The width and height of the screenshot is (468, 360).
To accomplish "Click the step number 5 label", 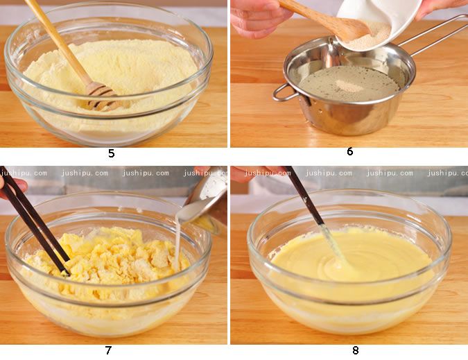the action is pos(112,153).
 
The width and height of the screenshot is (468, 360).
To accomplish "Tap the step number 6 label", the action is pos(350,152).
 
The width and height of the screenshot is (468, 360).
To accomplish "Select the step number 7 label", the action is pos(108,350).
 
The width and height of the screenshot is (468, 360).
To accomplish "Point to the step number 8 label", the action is pos(355,350).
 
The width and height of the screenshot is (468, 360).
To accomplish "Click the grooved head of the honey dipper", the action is pos(100,96).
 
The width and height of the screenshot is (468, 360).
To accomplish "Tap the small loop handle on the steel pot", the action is pos(284,92).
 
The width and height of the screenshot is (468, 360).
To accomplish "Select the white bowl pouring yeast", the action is pos(379,24).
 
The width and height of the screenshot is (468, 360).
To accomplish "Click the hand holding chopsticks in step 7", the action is pos(12,187).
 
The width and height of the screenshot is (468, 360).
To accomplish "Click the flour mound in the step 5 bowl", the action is pos(110,75).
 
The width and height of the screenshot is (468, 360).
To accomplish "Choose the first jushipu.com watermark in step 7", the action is pos(24,173).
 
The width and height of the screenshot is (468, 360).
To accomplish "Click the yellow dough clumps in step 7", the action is pos(110,257).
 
